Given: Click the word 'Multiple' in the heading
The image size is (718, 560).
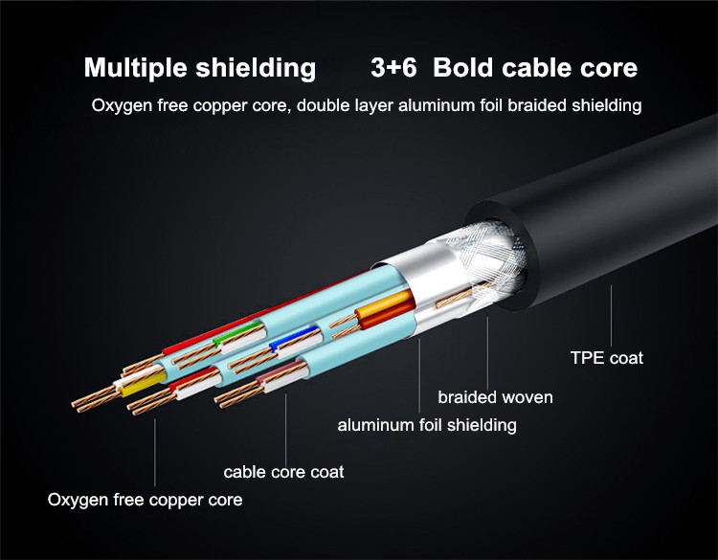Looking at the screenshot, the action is pos(136,69).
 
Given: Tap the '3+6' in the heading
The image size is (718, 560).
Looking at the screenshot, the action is pos(393,68).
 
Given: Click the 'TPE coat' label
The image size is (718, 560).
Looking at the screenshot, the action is pos(607,358).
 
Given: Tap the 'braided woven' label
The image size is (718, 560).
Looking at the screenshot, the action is pos(495,397).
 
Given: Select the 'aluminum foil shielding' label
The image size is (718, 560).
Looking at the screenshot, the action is pos(427,425).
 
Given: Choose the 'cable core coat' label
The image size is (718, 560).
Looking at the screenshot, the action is pos(283,472).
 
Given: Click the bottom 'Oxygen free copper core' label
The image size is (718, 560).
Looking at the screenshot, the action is pos(145,500).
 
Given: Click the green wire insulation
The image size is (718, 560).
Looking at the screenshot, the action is pos(236,332).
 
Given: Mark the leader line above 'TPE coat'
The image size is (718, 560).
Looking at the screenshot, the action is pos(612,316).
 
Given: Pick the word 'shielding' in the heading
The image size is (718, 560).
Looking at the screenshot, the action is pos(256,69).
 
